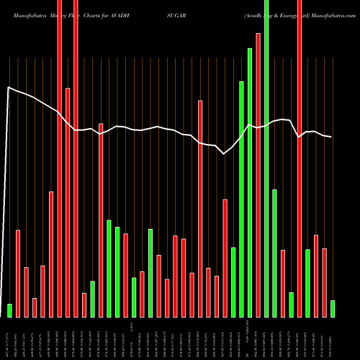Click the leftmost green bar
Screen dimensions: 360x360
pyautogui.click(x=10, y=310)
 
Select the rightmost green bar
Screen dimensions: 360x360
pyautogui.click(x=333, y=309)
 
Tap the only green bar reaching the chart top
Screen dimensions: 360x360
pyautogui.click(x=266, y=158)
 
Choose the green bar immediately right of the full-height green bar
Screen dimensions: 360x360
pyautogui.click(x=274, y=253)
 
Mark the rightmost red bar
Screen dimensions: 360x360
pyautogui.click(x=324, y=282)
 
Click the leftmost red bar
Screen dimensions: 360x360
pyautogui.click(x=18, y=274)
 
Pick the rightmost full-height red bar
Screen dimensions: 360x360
pyautogui.click(x=300, y=158)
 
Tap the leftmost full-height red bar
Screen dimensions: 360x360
pyautogui.click(x=60, y=158)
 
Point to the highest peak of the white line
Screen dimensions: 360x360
pyautogui.click(x=8, y=88)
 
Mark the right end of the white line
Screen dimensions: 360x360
pyautogui.click(x=331, y=137)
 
